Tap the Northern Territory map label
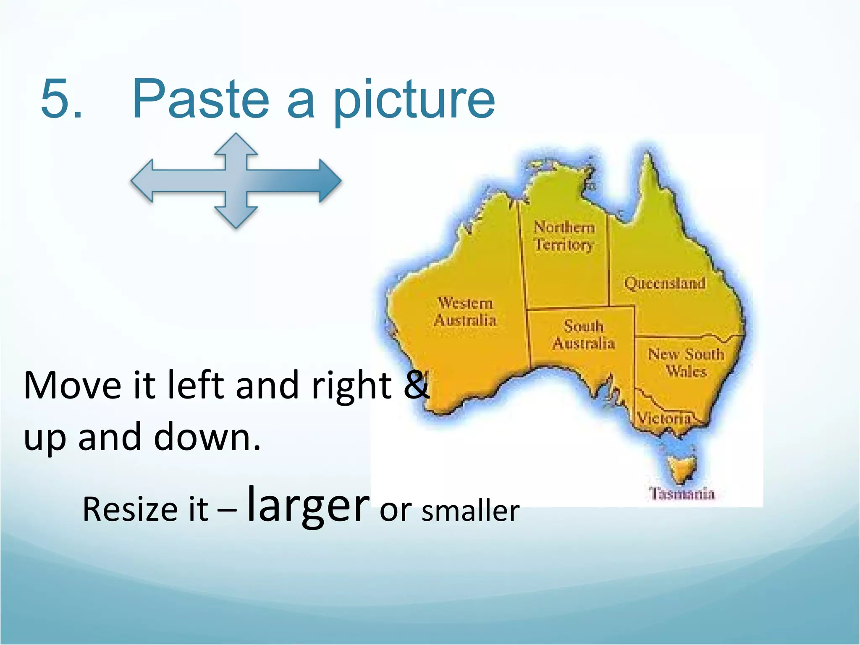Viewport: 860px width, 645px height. [564, 236]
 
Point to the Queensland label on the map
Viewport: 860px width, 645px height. [665, 283]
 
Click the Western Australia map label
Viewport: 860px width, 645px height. [465, 312]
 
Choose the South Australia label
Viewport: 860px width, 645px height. [584, 335]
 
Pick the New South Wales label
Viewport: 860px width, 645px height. [686, 363]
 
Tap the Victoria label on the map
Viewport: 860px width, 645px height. [663, 418]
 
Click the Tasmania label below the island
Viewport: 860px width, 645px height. [682, 493]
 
